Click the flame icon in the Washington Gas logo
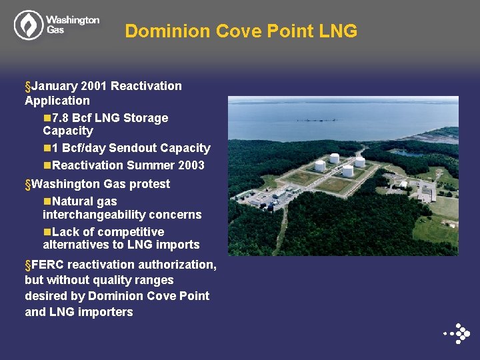click(28, 25)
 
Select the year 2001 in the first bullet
click(94, 86)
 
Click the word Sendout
click(132, 148)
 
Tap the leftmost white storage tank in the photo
click(320, 165)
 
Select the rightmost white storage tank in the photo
click(359, 161)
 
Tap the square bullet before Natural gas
click(47, 201)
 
